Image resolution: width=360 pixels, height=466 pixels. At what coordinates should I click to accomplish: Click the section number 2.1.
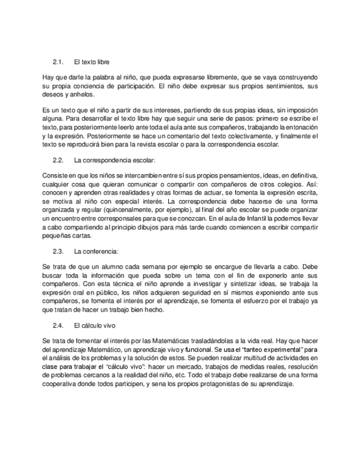tap(58, 62)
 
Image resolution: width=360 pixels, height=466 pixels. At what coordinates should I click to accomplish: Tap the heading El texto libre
tap(92, 62)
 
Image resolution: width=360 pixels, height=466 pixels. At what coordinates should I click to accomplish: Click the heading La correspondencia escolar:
tap(114, 160)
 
